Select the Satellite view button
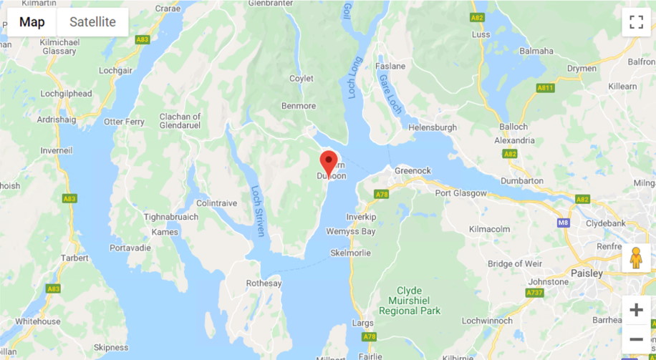coord(92,21)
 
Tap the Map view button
coord(32,21)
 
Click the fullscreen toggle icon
coord(636,21)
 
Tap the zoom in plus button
coord(636,310)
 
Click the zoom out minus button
coord(636,339)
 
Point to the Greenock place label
coord(413,171)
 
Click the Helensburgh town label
coord(432,127)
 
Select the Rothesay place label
coord(264,283)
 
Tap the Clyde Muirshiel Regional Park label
coord(409,301)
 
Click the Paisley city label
coord(587,273)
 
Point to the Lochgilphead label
coord(67,94)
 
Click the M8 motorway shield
coord(563,223)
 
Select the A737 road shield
coord(534,292)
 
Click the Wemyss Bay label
coord(350,232)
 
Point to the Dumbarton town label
coord(522,181)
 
